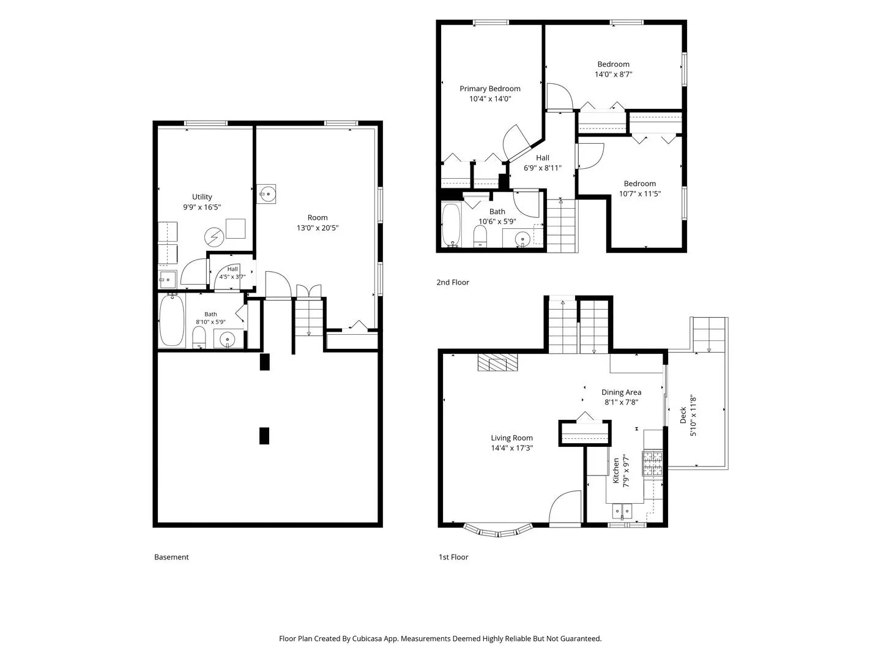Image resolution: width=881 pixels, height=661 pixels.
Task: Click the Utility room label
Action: [201, 196]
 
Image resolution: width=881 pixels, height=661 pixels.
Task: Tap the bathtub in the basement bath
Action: [172, 320]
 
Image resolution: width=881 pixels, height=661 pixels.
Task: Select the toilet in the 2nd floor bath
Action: [480, 236]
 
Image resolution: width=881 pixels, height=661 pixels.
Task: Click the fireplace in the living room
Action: [497, 362]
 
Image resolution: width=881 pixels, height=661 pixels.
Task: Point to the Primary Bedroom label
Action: [489, 89]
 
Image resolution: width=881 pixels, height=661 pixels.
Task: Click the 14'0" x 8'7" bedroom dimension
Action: [613, 74]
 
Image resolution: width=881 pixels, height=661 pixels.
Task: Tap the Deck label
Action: [683, 416]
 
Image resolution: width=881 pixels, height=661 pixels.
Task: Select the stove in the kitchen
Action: [652, 463]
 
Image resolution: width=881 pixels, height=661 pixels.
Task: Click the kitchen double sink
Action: [622, 511]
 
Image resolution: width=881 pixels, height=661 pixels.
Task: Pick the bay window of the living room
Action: [498, 531]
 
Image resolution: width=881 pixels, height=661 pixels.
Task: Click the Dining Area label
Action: [621, 392]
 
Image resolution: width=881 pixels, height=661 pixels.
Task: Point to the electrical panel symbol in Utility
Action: [214, 237]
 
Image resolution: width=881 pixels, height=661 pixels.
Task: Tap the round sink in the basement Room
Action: [266, 195]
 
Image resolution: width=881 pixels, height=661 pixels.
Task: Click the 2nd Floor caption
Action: [453, 282]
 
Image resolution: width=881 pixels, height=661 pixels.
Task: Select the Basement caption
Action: [171, 557]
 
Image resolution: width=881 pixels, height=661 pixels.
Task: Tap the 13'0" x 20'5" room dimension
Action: [318, 228]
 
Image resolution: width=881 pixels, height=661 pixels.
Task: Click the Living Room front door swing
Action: [565, 507]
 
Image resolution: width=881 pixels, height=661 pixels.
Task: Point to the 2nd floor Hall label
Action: [542, 158]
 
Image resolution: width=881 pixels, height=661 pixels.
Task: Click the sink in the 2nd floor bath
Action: [522, 239]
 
